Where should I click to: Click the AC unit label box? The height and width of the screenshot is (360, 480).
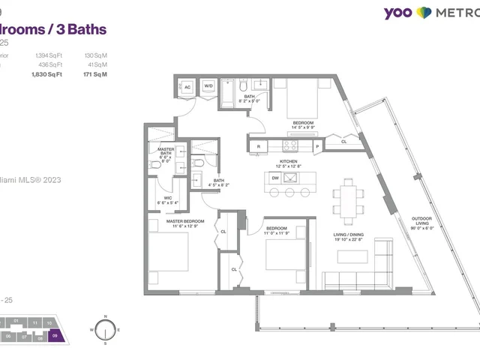pos(187,88)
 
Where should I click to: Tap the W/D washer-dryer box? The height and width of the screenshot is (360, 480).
pos(208,88)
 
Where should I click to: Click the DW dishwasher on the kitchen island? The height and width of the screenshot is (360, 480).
pos(275,178)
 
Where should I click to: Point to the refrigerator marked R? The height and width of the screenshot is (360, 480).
pos(259,145)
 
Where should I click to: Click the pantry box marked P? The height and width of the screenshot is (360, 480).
pos(317,146)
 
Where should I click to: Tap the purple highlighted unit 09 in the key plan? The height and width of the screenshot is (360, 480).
pos(55,337)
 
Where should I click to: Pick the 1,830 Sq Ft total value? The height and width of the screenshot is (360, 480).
pos(48,76)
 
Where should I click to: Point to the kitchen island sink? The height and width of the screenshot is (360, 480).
pos(292,178)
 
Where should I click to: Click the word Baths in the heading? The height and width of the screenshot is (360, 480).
pos(85,29)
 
